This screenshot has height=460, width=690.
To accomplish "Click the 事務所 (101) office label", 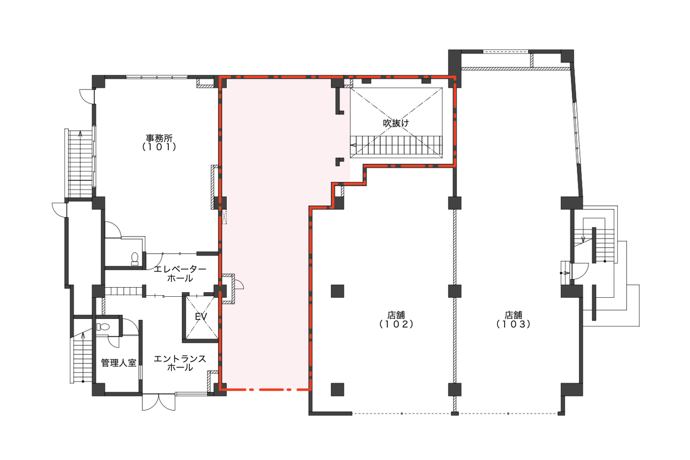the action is [x=159, y=143].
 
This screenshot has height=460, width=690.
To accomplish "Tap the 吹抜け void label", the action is [x=396, y=123].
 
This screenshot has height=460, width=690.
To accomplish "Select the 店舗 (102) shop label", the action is [x=396, y=319].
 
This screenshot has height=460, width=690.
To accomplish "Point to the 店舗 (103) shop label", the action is [x=513, y=319].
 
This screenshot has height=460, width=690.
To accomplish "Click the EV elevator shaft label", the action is [x=201, y=316].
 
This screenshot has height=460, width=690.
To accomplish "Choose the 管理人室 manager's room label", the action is [x=119, y=363].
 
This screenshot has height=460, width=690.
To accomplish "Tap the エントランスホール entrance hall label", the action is [x=180, y=363].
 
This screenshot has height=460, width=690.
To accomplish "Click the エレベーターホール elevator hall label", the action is [x=180, y=273].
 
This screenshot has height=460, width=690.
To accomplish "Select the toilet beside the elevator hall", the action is [x=134, y=259].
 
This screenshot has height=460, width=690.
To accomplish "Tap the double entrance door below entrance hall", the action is [x=159, y=402].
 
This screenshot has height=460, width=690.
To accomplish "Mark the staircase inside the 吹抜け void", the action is [x=396, y=145].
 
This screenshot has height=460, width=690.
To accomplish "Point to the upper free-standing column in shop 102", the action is [x=337, y=291].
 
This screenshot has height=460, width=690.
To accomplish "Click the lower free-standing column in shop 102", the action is [x=337, y=389].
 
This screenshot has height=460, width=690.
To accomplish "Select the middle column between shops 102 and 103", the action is [x=454, y=291].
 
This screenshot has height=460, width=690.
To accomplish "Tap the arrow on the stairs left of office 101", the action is [x=80, y=134].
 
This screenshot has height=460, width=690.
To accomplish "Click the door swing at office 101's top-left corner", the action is [x=86, y=96].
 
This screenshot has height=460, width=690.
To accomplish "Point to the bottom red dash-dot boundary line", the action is [x=265, y=390].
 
